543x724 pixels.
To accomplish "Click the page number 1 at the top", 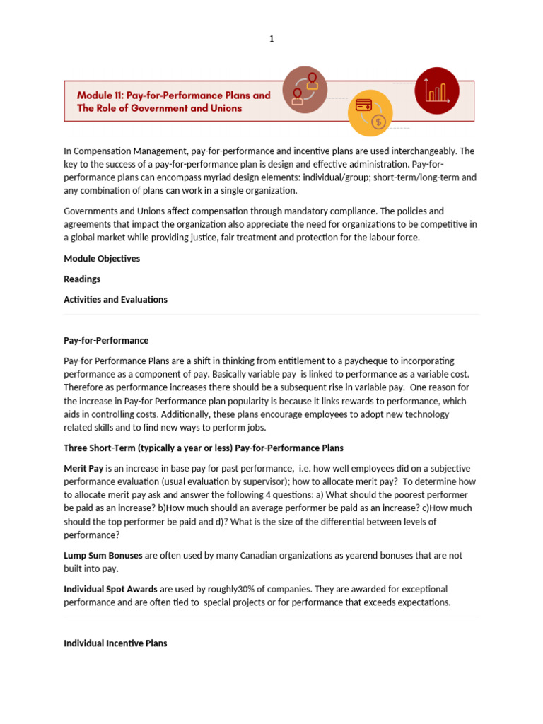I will click(x=271, y=39).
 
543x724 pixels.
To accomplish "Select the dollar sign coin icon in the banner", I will click(x=379, y=122).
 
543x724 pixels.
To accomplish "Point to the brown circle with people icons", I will click(x=304, y=90).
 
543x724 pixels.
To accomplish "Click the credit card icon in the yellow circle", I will click(x=364, y=105).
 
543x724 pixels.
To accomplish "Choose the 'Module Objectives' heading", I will click(x=102, y=259).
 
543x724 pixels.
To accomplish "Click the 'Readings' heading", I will click(x=82, y=279).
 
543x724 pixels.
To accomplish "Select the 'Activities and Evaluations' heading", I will click(x=115, y=300).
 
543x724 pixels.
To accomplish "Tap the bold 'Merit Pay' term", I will click(x=83, y=469).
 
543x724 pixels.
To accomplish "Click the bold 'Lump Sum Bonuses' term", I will click(x=103, y=556).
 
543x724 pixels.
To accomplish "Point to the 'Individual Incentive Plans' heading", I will click(x=115, y=643).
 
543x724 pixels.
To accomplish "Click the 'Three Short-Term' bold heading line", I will click(x=204, y=448).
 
